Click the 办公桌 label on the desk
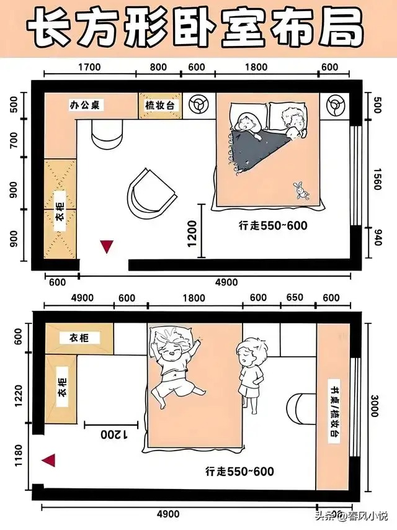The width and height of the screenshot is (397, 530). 85,105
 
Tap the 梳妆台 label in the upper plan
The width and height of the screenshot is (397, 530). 160,105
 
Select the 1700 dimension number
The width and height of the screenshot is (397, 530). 89,67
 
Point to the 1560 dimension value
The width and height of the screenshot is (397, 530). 377,179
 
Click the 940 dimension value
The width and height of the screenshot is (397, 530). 377,237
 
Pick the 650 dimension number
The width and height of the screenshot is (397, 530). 295,297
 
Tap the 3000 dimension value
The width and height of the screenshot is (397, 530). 375,406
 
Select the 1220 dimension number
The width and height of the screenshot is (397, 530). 18,396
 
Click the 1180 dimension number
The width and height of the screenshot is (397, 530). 18,456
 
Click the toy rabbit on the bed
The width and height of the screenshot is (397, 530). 301,191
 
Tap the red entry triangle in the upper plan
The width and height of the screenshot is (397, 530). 107,246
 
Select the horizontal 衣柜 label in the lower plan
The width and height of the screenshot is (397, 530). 80,338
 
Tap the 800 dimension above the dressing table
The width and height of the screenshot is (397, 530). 158,67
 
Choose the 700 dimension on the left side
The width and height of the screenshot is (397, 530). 14,140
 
